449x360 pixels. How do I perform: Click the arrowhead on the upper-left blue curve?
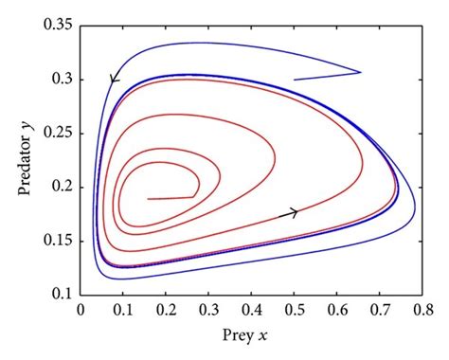coord(115,79)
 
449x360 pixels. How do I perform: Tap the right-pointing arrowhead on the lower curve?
coord(293,213)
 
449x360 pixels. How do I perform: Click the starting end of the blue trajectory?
coord(295,80)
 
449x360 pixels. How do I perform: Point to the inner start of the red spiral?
coord(149,199)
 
